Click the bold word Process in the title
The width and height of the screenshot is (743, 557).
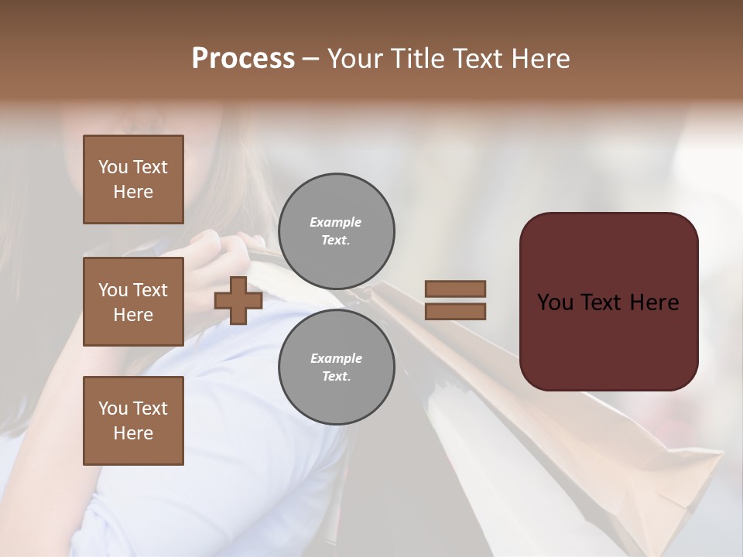coord(243,59)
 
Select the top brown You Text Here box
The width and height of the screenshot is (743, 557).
coord(133,179)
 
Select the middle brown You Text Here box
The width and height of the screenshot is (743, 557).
coord(133,302)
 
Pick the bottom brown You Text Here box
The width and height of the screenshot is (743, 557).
coord(133,421)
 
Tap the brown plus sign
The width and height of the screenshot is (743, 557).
coord(238,300)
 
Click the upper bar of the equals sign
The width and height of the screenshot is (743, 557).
coord(455,289)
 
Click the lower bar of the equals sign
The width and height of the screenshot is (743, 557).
coord(455,312)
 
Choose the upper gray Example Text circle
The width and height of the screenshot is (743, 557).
coord(336,231)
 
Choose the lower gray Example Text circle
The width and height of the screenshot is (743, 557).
coord(336,367)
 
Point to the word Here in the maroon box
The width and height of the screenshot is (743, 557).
coord(654,302)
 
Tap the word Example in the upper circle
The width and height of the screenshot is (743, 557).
coord(336,222)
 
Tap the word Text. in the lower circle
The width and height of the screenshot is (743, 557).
coord(336,377)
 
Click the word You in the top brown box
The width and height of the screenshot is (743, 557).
coord(113,167)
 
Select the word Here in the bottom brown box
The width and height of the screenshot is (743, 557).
coord(133,433)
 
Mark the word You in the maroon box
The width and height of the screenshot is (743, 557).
coord(555,302)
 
